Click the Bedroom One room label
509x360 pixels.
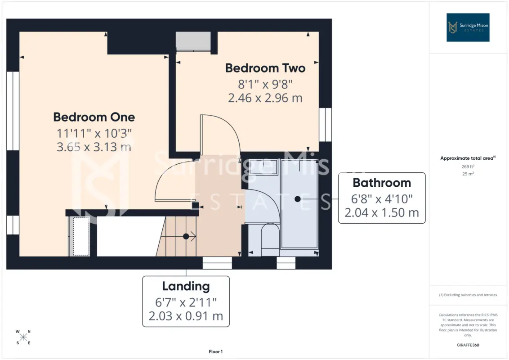94,117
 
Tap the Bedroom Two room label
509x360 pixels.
265,68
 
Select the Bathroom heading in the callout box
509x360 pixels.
382,183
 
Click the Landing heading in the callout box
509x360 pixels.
186,286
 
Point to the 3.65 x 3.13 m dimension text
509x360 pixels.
94,147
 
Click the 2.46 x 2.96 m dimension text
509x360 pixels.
265,98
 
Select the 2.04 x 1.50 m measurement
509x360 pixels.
382,212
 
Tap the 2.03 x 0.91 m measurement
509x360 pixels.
186,316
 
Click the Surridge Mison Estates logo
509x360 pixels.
468,27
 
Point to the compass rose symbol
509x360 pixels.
23,337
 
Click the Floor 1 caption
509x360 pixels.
215,351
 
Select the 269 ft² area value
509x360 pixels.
468,166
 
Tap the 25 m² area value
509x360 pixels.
468,174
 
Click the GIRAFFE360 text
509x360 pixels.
468,345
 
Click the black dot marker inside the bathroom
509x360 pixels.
298,199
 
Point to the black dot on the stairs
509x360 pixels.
186,237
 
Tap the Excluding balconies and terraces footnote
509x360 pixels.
468,295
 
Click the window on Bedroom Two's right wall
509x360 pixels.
325,125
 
